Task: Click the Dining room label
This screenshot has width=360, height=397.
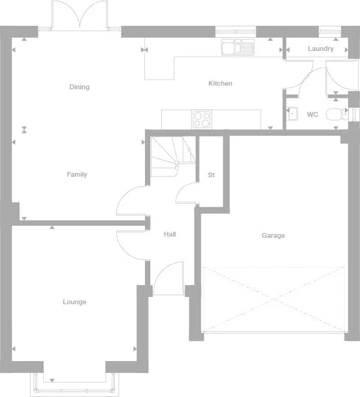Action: tap(79, 87)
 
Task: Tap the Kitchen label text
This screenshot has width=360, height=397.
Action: tap(220, 83)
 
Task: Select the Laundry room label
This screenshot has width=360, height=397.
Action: tap(320, 49)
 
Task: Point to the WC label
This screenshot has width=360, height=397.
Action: tap(312, 114)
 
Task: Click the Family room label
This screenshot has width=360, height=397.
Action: tap(77, 174)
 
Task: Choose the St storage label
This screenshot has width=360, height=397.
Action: tap(211, 175)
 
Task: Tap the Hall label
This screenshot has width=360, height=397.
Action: tap(170, 234)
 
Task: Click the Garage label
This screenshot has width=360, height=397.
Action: tap(273, 235)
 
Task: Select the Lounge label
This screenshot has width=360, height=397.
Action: tap(74, 302)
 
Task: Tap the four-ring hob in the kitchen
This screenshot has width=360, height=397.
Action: tap(202, 120)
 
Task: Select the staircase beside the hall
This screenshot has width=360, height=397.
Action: tap(171, 157)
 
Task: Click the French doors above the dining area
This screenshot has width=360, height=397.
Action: tap(79, 15)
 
